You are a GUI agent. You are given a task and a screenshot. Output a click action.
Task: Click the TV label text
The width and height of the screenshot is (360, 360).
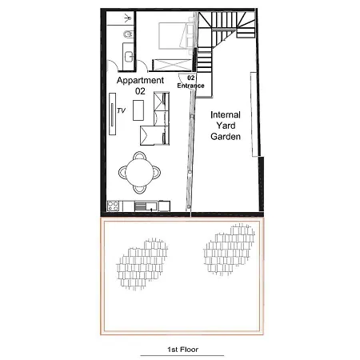121,110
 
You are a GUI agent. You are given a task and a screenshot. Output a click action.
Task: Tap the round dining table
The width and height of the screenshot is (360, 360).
139,172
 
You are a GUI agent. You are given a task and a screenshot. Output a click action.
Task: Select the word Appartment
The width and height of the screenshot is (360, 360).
140,80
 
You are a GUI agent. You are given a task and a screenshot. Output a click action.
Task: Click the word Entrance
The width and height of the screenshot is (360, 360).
190,86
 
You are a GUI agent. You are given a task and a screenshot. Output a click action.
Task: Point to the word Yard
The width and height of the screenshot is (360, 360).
226,126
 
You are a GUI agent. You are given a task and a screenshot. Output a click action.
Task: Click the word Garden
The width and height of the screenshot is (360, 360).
226,136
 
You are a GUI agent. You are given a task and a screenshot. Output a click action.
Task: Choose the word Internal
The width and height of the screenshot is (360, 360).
226,114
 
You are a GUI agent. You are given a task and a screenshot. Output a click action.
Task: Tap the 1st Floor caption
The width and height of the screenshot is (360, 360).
182,350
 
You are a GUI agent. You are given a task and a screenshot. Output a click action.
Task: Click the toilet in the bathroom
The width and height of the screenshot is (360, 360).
128,34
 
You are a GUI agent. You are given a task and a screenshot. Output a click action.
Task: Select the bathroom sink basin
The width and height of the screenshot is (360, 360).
129,57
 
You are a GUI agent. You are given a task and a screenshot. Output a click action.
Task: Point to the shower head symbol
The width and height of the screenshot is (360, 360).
128,18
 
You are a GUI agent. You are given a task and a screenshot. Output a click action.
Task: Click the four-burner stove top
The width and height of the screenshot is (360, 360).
113,206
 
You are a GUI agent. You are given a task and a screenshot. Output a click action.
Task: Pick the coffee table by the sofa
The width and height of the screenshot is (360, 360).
138,110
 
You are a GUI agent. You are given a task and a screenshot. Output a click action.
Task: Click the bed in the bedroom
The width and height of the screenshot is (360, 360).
176,36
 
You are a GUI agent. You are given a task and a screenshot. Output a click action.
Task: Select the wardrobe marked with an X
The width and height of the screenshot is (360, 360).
172,65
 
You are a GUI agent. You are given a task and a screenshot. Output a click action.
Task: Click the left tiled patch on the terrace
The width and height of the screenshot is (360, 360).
142,264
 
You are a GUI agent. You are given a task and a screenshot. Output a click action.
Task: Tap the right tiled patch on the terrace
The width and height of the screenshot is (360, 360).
229,250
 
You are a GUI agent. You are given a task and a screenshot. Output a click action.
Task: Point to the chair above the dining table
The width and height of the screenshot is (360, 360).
139,155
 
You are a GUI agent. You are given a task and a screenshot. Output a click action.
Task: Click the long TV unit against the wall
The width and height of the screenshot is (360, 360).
113,114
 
